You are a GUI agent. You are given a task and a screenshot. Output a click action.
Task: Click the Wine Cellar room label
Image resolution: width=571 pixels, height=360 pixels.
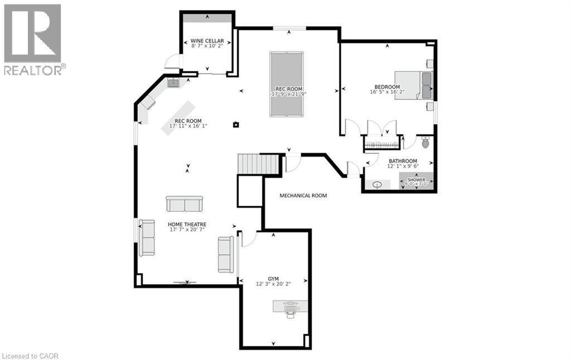pos(207,41)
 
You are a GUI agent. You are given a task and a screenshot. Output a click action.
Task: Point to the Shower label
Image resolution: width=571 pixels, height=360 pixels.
pos(416,180)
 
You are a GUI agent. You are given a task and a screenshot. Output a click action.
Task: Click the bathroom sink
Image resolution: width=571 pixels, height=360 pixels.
pos(378,184)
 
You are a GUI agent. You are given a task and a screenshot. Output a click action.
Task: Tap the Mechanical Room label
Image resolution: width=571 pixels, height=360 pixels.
pos(303,196)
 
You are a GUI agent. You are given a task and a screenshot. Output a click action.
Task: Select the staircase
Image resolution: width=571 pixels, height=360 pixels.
pos(258,164)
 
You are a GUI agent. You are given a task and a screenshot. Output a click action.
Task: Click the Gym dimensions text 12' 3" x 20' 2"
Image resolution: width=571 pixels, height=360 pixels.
pos(273,284)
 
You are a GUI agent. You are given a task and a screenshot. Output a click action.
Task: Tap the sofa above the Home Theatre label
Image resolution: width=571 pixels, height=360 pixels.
pos(185,204)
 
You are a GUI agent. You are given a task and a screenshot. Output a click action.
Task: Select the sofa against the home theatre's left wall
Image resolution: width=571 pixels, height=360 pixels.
pos(147,238)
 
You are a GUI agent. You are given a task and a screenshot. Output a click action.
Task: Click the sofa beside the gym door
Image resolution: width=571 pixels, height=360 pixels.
pos(226,254)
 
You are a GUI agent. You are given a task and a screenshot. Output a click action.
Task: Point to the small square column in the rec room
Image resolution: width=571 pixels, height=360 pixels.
pos(236,124)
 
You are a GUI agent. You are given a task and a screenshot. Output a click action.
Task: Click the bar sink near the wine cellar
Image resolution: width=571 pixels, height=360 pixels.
pos(173,83)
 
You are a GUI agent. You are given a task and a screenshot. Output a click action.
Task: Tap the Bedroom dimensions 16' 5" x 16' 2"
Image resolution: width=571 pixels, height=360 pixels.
pos(387,93)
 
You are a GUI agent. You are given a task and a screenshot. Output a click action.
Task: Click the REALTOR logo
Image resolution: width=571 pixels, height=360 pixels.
pos(33,39)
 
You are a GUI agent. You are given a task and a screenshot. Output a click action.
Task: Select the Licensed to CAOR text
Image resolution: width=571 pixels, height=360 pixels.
pos(30,356)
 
